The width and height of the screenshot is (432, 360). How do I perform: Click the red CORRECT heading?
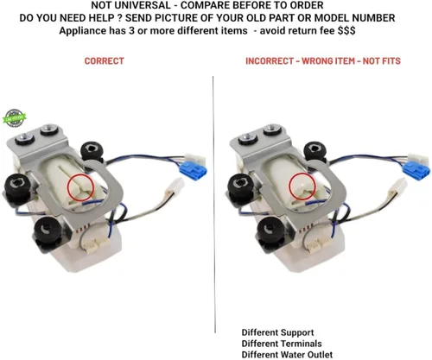[x=105, y=61]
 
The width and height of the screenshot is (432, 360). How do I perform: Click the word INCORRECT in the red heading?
[x=270, y=61]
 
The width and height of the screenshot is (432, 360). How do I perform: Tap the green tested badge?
[x=15, y=118]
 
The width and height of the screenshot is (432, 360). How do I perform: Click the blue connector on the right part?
[x=416, y=168]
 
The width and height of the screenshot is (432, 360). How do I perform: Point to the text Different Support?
[x=277, y=332]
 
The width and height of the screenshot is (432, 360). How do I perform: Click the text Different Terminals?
[x=282, y=344]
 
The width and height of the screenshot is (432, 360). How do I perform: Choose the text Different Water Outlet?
[x=287, y=355]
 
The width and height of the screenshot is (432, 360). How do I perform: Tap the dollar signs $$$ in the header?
[x=346, y=30]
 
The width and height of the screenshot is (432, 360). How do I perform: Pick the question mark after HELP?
[x=120, y=18]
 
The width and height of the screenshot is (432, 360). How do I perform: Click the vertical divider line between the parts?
[x=214, y=205]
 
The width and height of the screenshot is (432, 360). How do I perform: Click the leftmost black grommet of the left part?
[x=18, y=187]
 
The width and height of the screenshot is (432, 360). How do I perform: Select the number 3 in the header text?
[x=131, y=31]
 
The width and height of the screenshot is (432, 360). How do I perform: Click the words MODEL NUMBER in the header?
[x=354, y=18]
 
